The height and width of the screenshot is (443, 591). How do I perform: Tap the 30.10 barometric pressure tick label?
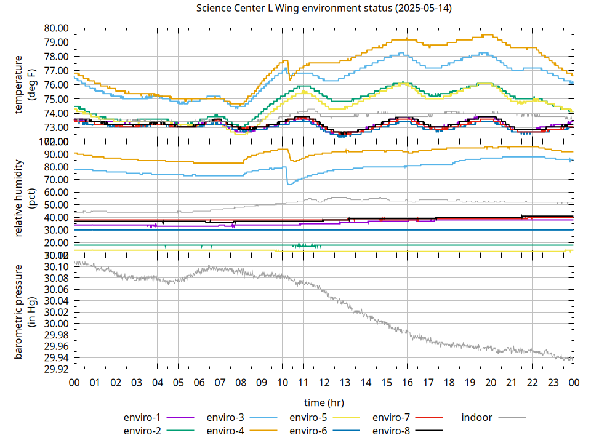(x=56, y=267)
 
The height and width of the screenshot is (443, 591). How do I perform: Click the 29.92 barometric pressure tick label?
(x=56, y=369)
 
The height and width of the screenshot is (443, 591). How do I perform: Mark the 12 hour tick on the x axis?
(x=324, y=382)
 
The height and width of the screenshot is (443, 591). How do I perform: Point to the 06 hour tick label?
(x=199, y=382)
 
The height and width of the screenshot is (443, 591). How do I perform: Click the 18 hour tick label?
(x=449, y=382)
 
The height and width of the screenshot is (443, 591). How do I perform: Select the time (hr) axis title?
(x=324, y=402)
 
